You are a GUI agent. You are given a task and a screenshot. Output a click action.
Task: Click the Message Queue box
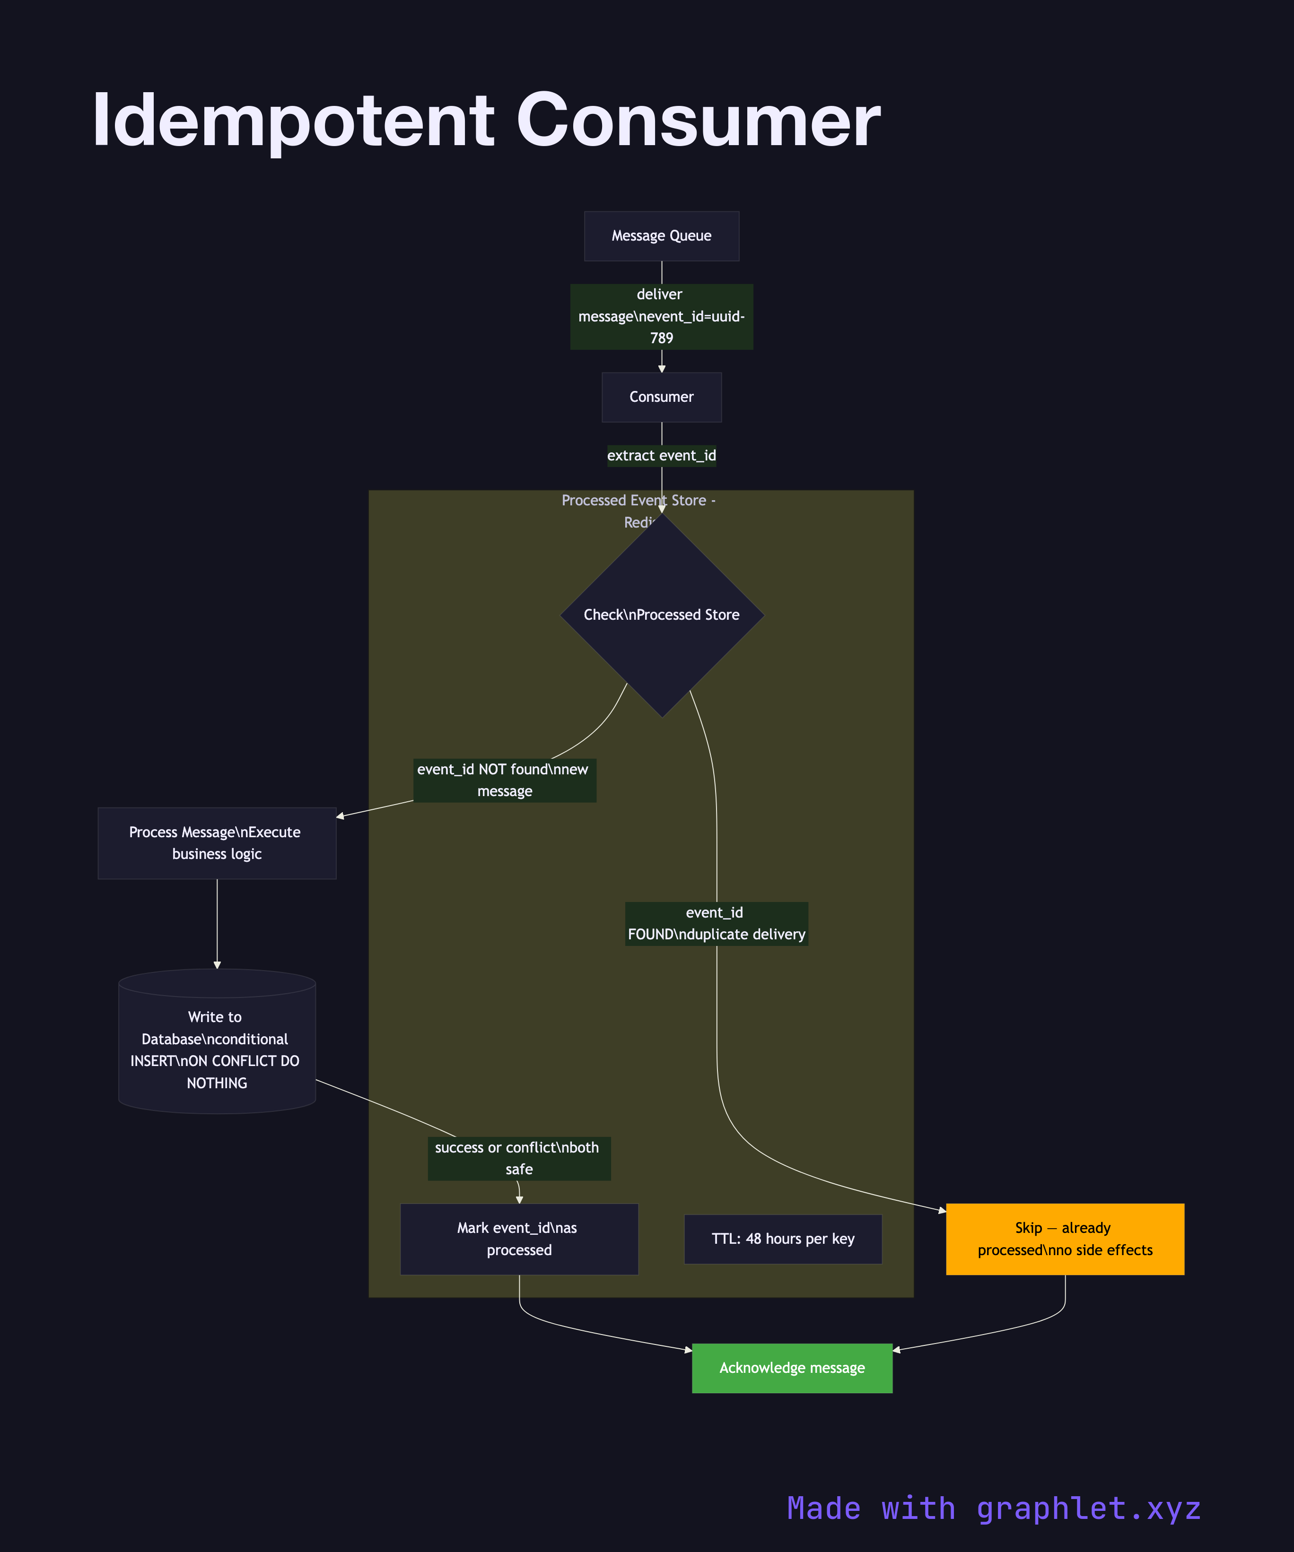(661, 236)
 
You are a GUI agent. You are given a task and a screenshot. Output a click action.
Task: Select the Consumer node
(661, 397)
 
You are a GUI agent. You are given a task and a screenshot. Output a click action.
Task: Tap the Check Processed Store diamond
(661, 615)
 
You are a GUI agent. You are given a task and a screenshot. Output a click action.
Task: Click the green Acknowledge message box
(792, 1368)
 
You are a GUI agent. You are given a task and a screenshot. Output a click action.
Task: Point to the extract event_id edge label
(661, 455)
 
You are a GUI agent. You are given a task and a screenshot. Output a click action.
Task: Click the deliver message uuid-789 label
(661, 316)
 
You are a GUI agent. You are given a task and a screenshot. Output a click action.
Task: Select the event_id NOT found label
(504, 780)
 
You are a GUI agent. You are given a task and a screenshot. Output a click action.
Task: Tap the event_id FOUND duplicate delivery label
(716, 923)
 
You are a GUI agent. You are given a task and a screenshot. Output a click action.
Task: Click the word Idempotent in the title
(292, 121)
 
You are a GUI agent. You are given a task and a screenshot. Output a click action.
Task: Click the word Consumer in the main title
(698, 121)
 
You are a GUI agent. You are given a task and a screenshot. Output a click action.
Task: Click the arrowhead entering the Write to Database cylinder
(217, 964)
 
